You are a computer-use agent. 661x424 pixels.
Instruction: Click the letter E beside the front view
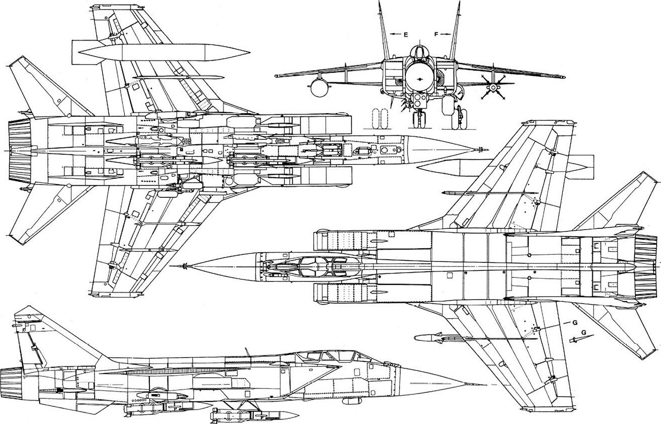click(x=405, y=35)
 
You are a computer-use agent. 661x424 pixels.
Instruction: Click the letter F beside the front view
click(x=436, y=34)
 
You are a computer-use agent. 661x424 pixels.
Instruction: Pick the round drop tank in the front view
click(x=319, y=88)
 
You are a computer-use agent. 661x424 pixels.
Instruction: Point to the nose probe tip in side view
click(x=484, y=385)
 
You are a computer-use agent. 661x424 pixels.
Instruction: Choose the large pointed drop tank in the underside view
click(x=164, y=53)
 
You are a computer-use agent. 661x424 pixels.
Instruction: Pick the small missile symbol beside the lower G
click(x=575, y=339)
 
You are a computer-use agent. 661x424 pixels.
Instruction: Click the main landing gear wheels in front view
click(x=460, y=119)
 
